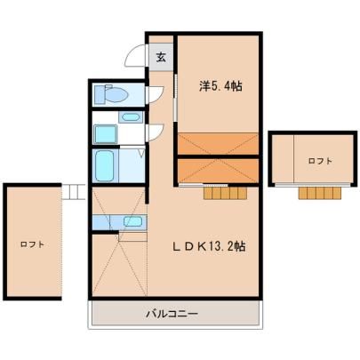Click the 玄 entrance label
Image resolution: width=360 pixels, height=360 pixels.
point(161,57)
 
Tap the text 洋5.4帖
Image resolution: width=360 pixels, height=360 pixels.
point(220,86)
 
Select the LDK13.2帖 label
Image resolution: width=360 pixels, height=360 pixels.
point(210,246)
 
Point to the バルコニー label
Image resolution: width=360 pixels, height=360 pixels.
point(172,314)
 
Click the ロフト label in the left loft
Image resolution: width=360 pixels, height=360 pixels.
point(32,244)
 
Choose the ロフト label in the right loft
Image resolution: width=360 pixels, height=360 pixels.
point(320,161)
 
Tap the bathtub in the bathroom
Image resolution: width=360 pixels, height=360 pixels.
point(105,165)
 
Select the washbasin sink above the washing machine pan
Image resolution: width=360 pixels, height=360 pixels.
point(131,116)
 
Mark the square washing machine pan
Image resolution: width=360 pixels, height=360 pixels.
point(106,134)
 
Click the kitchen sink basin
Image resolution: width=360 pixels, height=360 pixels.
point(132,221)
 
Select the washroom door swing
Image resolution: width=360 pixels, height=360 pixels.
point(156,132)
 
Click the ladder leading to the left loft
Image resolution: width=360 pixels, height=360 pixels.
point(74,192)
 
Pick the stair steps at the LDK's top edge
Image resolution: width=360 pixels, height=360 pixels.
point(226,193)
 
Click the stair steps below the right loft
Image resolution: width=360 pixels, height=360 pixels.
point(320,193)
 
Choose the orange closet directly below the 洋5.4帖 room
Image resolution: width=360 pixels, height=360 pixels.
point(218,144)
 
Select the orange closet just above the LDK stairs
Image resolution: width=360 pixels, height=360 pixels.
point(218,171)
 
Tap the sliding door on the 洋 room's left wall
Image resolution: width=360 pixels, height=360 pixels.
point(176,98)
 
